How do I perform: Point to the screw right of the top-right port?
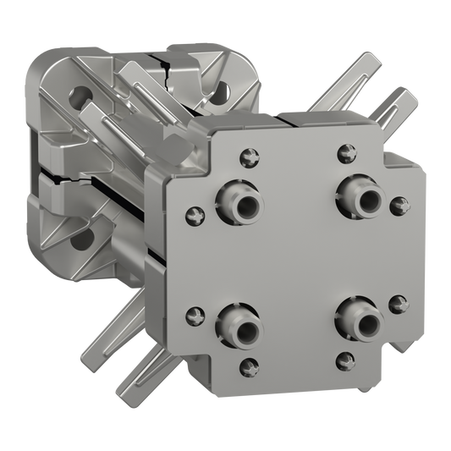click(399, 204)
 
